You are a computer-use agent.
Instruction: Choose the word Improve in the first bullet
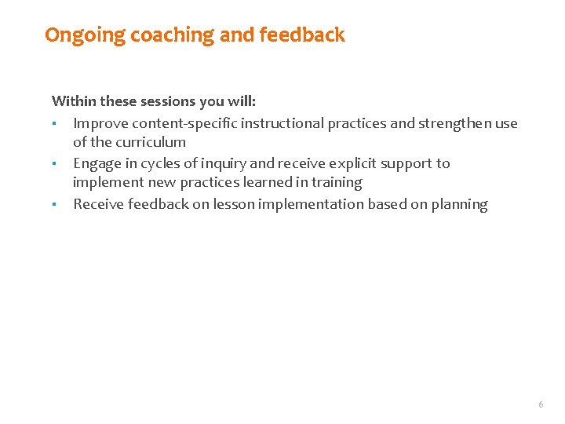pos(100,122)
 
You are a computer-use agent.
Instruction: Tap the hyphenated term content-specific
pos(184,122)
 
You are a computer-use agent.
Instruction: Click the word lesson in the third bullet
pos(234,205)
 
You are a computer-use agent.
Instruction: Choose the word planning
pos(459,205)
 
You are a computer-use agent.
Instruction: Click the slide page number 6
pos(540,404)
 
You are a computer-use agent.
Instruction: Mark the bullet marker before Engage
pos(54,163)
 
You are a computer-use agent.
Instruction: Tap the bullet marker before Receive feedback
pos(54,205)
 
